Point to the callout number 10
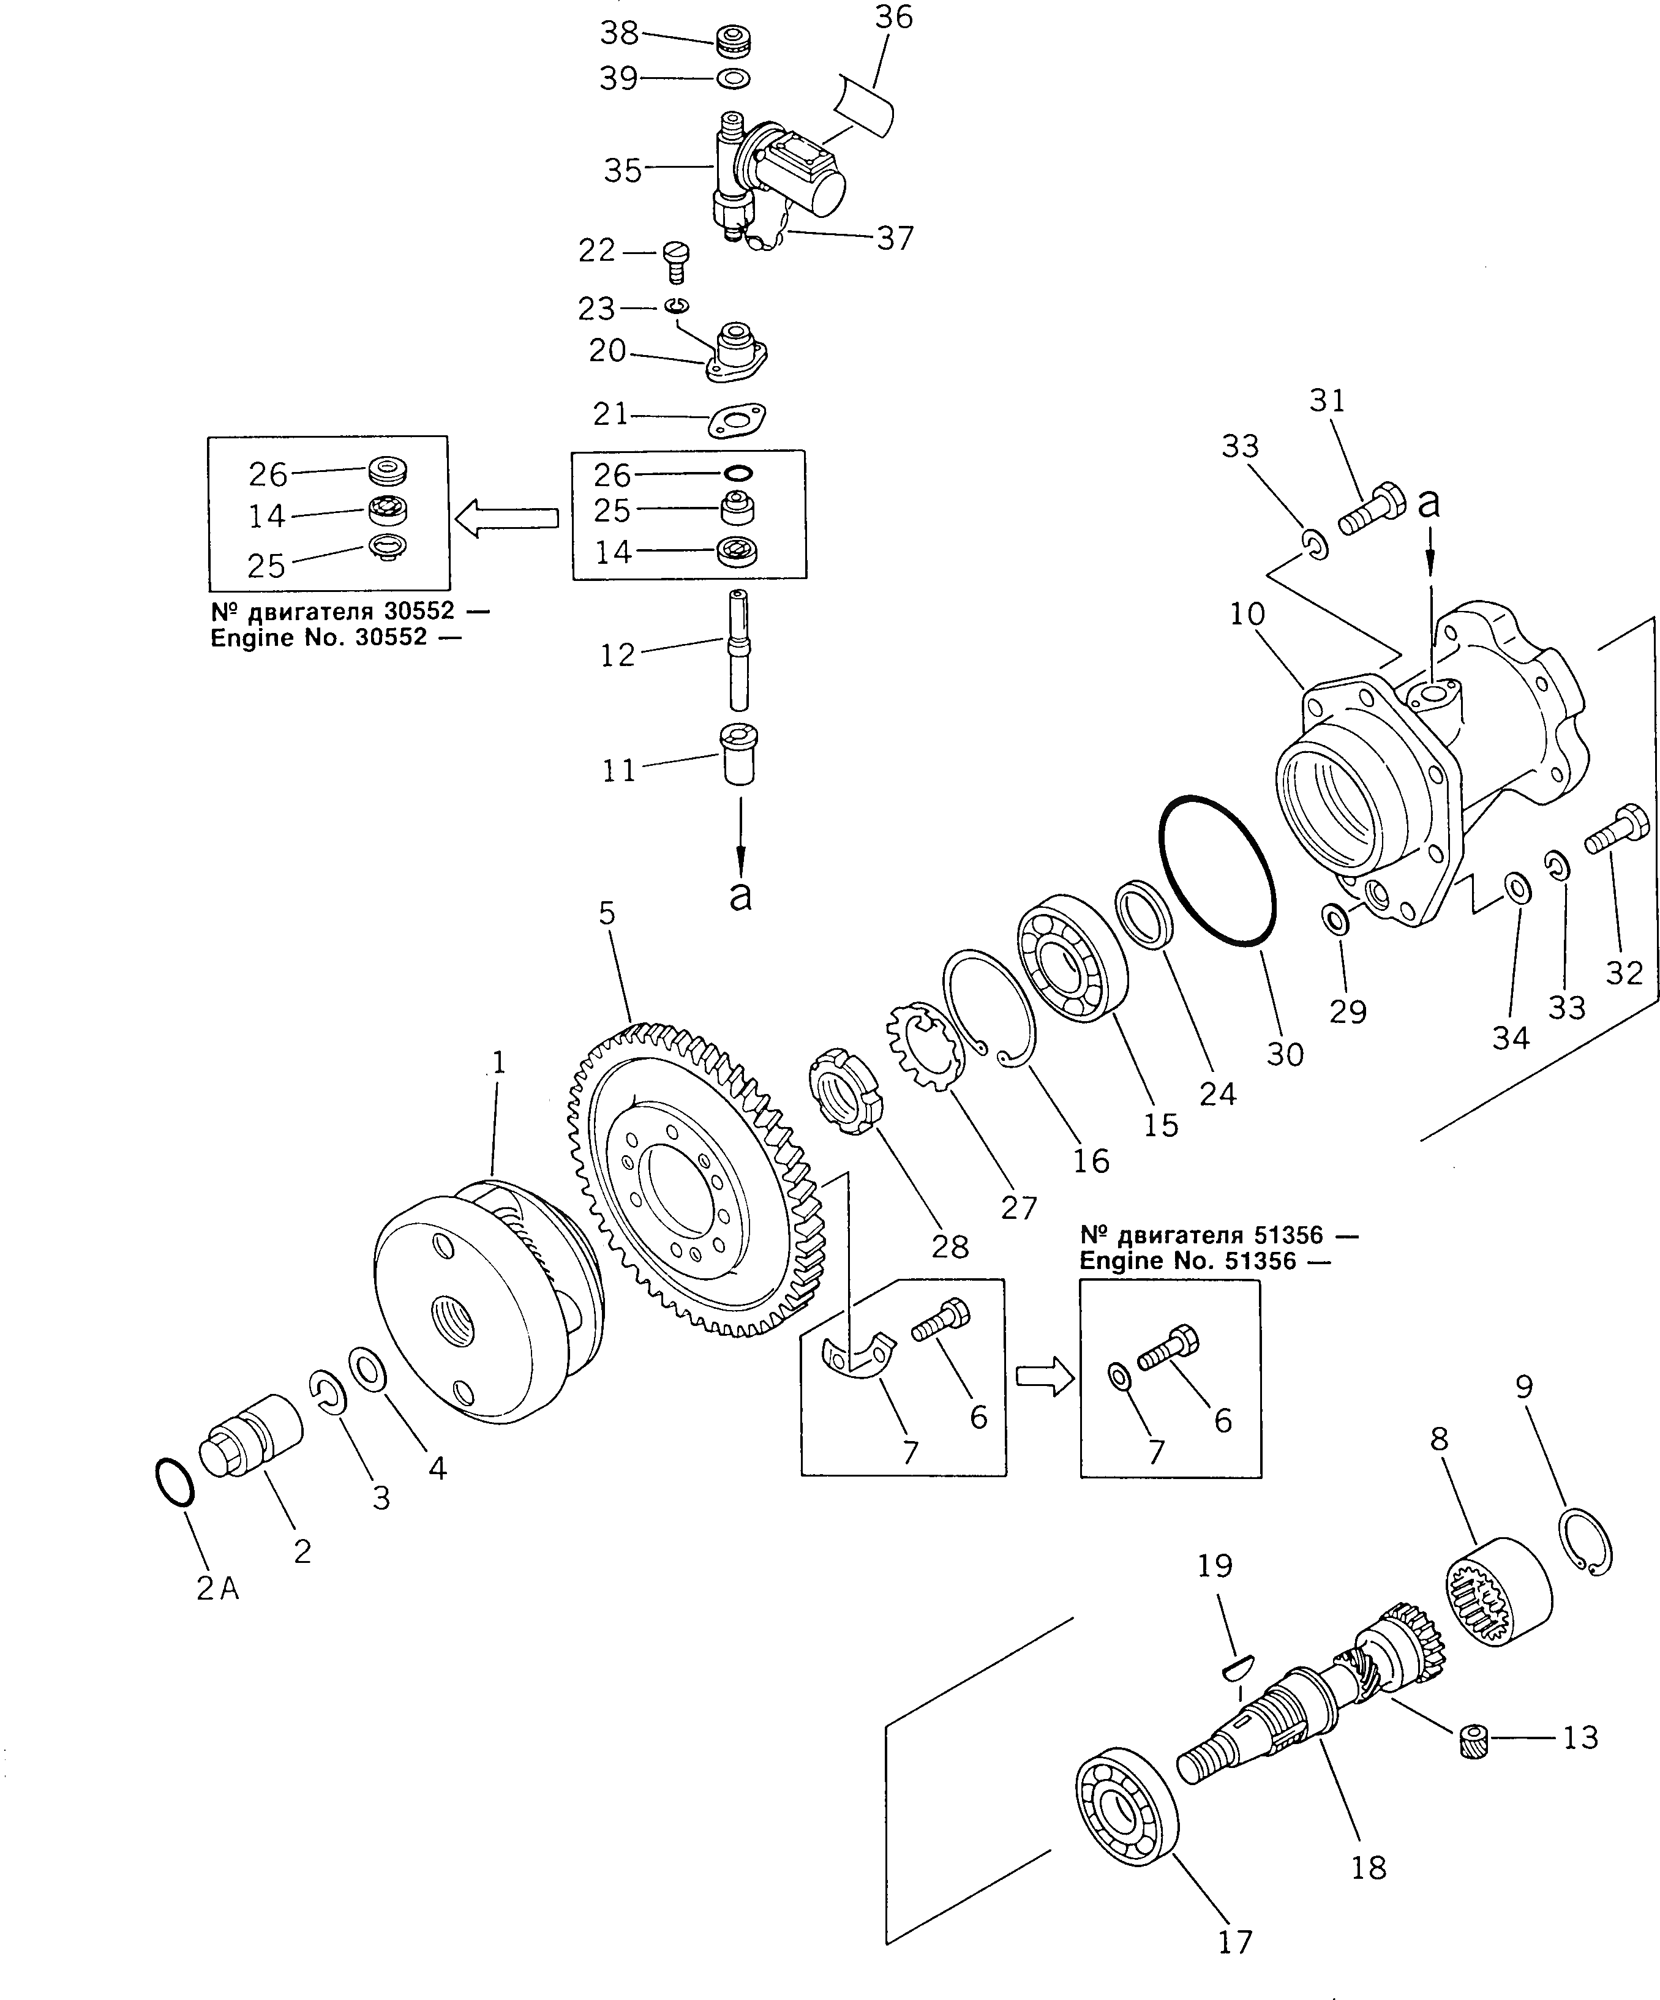pos(1247,614)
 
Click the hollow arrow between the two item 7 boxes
pos(1045,1379)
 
